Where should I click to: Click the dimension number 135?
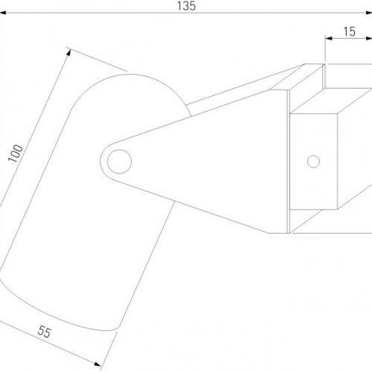click(186, 6)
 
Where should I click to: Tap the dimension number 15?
click(349, 32)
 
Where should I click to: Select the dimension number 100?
click(16, 153)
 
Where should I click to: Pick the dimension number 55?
click(45, 332)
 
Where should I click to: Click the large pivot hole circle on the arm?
click(119, 161)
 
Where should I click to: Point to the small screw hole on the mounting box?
click(313, 161)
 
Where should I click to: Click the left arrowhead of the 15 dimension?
click(329, 38)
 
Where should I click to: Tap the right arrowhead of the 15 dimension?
click(368, 38)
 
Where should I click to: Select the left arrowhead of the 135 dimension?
click(3, 13)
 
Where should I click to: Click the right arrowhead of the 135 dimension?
click(369, 13)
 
